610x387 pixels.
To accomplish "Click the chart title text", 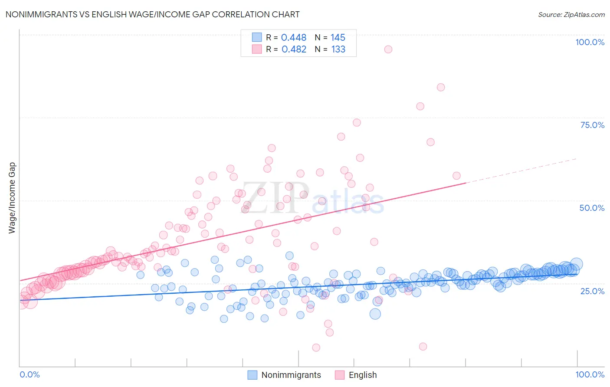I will (x=152, y=14).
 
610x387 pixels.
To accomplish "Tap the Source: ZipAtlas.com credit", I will (x=571, y=14).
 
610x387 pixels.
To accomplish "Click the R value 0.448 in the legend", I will (x=294, y=38).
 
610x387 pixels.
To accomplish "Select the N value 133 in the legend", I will (x=338, y=49).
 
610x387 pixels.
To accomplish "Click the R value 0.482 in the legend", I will (x=294, y=49).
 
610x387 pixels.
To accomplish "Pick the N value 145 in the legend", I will (x=338, y=38).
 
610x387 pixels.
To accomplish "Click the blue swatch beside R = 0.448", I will (x=257, y=38).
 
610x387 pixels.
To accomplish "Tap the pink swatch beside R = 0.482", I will (x=257, y=49).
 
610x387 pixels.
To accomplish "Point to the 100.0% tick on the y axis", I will (x=590, y=42).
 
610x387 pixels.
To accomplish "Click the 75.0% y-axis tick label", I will (x=592, y=125).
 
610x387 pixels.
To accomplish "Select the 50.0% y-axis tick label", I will (x=592, y=208).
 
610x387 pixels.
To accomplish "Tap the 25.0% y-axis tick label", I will (x=592, y=291).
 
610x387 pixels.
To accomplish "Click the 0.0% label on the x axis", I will (x=30, y=374).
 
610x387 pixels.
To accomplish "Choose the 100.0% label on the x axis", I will (x=590, y=374).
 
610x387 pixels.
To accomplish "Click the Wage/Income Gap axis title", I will (x=12, y=198).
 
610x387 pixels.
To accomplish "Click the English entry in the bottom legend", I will (x=363, y=375).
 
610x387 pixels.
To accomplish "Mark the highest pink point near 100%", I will (x=388, y=49).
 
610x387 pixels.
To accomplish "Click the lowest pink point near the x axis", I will (x=316, y=348).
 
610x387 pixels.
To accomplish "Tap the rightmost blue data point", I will (x=576, y=264).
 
